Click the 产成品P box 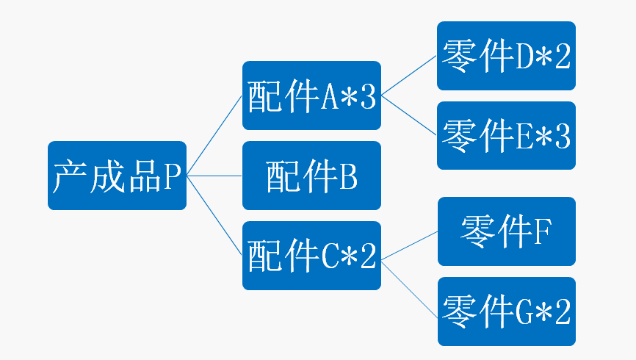(117, 176)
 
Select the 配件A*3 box (311, 96)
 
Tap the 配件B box (311, 176)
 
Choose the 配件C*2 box (311, 255)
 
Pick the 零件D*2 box (506, 56)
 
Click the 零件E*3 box (506, 135)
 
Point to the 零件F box (506, 231)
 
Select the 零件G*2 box (506, 312)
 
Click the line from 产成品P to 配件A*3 (214, 136)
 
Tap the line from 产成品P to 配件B (214, 176)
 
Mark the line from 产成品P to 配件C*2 (214, 215)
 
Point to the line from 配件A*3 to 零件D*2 (409, 76)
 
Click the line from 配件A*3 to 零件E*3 (409, 115)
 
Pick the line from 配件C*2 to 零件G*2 (409, 282)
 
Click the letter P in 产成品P (172, 176)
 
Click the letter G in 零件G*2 (526, 312)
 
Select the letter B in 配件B (348, 176)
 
